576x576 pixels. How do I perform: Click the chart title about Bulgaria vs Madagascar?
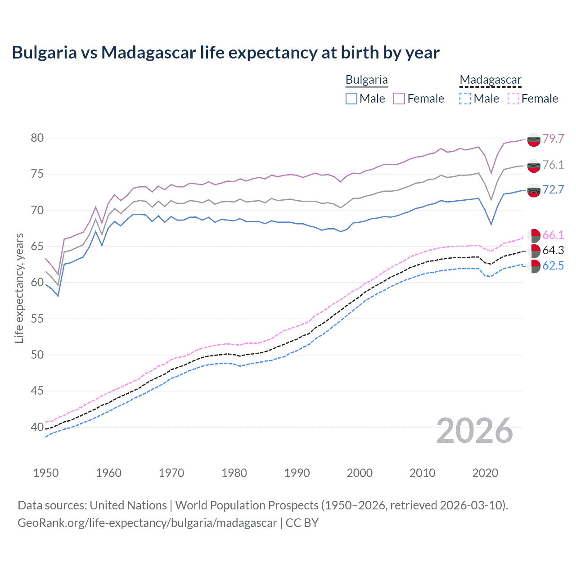[x=225, y=53]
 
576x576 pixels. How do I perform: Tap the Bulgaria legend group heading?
[x=366, y=80]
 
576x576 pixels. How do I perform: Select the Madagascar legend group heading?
[x=490, y=80]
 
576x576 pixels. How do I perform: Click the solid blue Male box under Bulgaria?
[x=351, y=99]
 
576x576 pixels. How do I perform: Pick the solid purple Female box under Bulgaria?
[x=399, y=99]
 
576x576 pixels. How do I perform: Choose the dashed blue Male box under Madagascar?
[x=465, y=99]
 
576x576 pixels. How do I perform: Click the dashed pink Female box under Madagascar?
[x=513, y=99]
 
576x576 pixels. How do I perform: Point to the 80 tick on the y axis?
[x=37, y=138]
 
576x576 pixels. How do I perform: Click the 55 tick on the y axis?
[x=37, y=319]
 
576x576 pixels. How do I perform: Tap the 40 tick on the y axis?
[x=37, y=427]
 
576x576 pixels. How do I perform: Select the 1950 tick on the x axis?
[x=46, y=473]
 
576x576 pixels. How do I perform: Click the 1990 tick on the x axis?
[x=297, y=473]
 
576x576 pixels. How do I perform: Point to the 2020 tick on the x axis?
[x=485, y=473]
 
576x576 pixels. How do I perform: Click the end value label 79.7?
[x=553, y=139]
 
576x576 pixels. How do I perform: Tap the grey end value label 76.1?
[x=553, y=165]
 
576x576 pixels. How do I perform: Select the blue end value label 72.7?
[x=553, y=189]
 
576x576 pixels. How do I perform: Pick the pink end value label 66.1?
[x=553, y=235]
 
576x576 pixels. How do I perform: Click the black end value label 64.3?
[x=553, y=250]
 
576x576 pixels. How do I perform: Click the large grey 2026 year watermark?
[x=475, y=431]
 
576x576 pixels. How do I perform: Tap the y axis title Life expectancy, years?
[x=19, y=288]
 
